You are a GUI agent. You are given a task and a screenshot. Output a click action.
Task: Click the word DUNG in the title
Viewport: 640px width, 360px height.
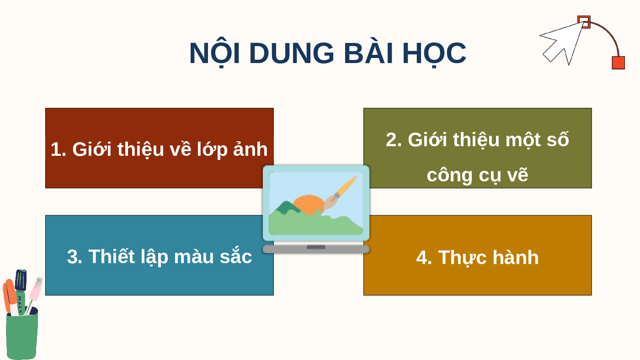point(292,53)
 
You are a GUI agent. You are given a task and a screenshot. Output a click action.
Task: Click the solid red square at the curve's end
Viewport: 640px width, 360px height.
point(618,63)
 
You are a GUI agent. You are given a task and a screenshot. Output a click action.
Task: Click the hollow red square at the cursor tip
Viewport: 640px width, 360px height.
point(584,21)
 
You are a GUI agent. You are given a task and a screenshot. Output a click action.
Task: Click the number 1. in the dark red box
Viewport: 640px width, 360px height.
point(59,149)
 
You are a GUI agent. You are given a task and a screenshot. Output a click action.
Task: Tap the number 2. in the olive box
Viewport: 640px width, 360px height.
point(394,140)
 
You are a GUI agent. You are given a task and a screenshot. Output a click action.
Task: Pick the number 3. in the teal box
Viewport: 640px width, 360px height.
point(75,257)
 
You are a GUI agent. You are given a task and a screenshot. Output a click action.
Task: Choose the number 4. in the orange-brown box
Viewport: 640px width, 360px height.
point(424,258)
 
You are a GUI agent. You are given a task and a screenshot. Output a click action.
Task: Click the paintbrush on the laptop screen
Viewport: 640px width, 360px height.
point(340,193)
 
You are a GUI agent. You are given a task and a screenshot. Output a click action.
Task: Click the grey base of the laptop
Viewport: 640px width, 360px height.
point(316,249)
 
